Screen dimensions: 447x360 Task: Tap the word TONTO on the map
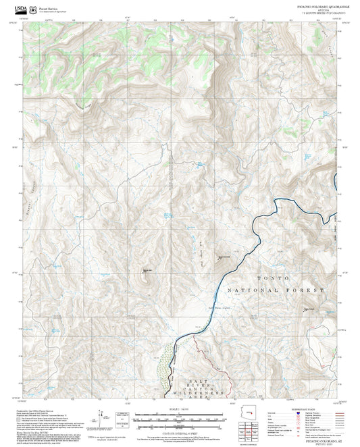coord(273,278)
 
